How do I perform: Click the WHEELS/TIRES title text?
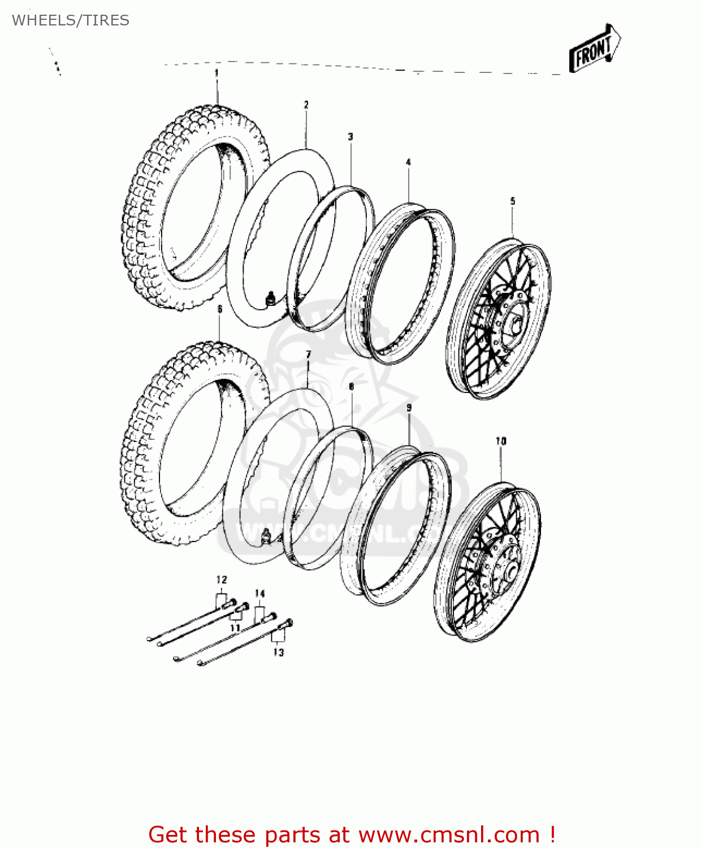pyautogui.click(x=71, y=20)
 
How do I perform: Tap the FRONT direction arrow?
pyautogui.click(x=594, y=49)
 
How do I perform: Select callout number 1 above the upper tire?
pyautogui.click(x=217, y=73)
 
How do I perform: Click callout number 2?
pyautogui.click(x=306, y=105)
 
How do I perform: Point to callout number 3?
pyautogui.click(x=350, y=137)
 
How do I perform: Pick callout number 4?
pyautogui.click(x=408, y=162)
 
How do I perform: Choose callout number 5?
pyautogui.click(x=513, y=201)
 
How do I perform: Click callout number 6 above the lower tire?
pyautogui.click(x=220, y=309)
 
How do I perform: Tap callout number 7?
pyautogui.click(x=308, y=354)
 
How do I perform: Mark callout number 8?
pyautogui.click(x=351, y=387)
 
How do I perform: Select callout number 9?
pyautogui.click(x=409, y=408)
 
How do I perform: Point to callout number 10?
pyautogui.click(x=501, y=441)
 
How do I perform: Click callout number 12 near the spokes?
pyautogui.click(x=221, y=579)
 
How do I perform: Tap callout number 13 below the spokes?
pyautogui.click(x=278, y=652)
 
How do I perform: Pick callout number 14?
pyautogui.click(x=259, y=593)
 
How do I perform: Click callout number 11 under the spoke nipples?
pyautogui.click(x=235, y=628)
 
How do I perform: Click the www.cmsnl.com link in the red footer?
pyautogui.click(x=449, y=834)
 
